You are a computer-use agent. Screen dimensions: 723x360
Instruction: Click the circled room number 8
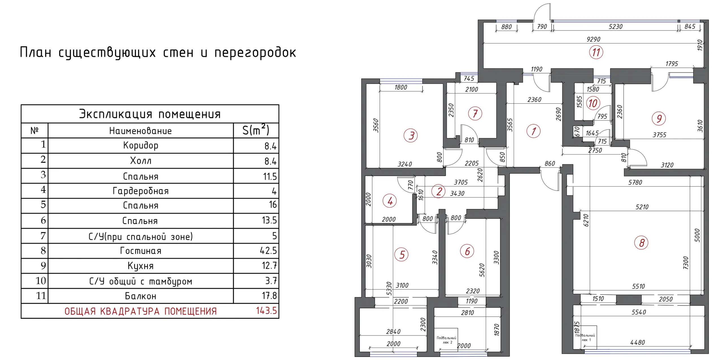(x=641, y=243)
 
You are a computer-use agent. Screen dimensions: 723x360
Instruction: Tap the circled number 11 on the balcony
(x=596, y=52)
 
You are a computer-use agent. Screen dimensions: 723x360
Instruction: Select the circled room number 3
(x=411, y=136)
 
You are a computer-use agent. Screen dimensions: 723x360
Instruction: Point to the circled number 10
(x=593, y=103)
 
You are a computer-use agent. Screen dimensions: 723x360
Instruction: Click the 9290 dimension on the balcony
(x=593, y=39)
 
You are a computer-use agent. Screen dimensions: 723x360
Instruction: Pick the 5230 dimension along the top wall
(x=615, y=27)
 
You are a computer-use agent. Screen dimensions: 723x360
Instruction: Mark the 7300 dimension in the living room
(x=686, y=263)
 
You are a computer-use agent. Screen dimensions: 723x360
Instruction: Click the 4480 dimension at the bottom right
(x=637, y=342)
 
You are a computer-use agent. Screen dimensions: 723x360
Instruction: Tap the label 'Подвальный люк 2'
(x=446, y=340)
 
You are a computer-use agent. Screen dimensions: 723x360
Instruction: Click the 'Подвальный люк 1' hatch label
(x=585, y=337)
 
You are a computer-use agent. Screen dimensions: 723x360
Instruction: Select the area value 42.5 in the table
(x=268, y=250)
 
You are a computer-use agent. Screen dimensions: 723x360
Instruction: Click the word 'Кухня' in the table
(x=141, y=266)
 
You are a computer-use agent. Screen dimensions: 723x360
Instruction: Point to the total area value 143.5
(x=266, y=311)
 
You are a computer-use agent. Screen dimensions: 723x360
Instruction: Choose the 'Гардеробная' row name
(x=141, y=191)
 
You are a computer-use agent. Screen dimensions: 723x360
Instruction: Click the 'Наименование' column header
(x=140, y=131)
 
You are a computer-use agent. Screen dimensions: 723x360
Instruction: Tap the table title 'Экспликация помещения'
(x=150, y=114)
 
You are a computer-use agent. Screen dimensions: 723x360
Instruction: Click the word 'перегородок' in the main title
(x=255, y=53)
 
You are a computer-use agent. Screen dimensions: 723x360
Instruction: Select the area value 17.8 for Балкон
(x=269, y=296)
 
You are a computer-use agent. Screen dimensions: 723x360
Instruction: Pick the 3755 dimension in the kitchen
(x=659, y=135)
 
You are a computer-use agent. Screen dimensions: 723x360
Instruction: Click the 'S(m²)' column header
(x=256, y=130)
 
